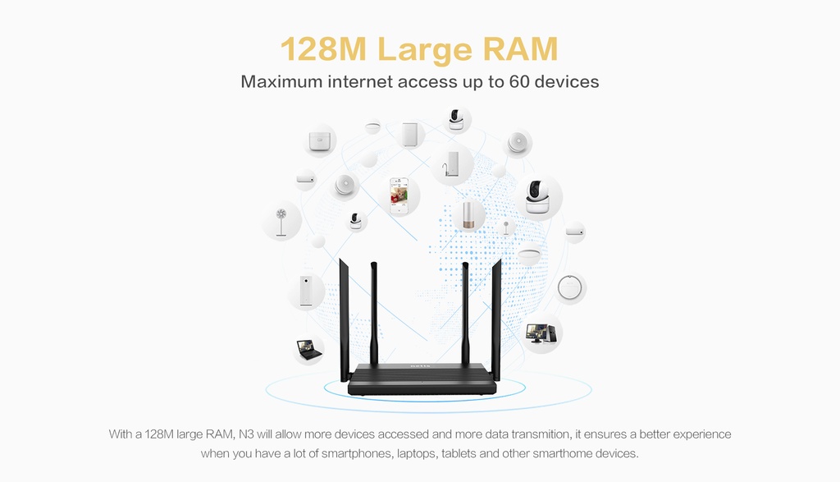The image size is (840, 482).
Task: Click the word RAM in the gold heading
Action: (x=520, y=49)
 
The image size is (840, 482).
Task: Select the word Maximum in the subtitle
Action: (x=281, y=82)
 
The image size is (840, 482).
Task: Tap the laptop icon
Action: (x=308, y=349)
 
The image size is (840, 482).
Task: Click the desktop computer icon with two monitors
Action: (x=541, y=333)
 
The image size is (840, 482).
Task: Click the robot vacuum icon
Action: (x=571, y=287)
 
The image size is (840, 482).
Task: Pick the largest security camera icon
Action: (x=538, y=198)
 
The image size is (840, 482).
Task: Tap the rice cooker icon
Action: (x=321, y=140)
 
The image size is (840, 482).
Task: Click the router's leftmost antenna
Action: (x=345, y=316)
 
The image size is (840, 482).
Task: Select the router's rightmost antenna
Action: (x=495, y=316)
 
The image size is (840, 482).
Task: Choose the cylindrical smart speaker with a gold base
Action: (x=469, y=215)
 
